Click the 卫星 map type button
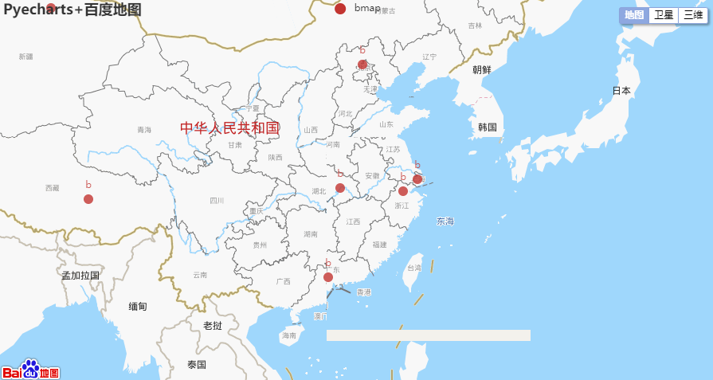click(x=664, y=15)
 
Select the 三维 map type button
click(x=692, y=15)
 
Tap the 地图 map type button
click(x=634, y=15)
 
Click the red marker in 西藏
click(x=88, y=199)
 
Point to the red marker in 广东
click(x=328, y=277)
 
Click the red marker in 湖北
click(x=340, y=188)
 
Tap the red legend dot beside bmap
click(x=340, y=9)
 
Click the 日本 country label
click(x=621, y=91)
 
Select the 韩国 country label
click(x=488, y=127)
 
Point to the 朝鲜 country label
click(x=482, y=69)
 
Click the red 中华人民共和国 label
click(x=229, y=127)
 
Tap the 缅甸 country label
click(x=138, y=306)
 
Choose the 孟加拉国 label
click(x=80, y=276)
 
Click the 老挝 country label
click(x=213, y=326)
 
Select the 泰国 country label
click(x=197, y=365)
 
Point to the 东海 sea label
click(x=445, y=221)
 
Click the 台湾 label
click(x=414, y=268)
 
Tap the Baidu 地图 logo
click(x=30, y=370)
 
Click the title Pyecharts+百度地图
click(x=72, y=10)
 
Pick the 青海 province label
click(x=143, y=130)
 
